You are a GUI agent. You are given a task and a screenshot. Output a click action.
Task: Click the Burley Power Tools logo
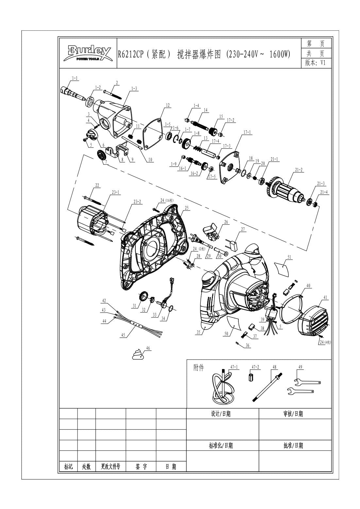(87, 53)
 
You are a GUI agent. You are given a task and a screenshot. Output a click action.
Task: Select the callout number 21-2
(299, 170)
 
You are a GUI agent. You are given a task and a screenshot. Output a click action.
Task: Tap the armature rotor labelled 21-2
(285, 189)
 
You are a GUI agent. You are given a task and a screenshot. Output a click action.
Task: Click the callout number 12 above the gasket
(167, 105)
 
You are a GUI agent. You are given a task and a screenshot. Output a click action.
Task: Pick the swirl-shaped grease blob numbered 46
(138, 354)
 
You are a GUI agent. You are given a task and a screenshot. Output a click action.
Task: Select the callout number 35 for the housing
(198, 332)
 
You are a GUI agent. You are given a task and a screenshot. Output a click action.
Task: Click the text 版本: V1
(315, 63)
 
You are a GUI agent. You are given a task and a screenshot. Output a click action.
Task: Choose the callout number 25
(186, 208)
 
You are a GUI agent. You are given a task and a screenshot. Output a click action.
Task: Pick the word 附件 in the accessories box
(198, 368)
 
